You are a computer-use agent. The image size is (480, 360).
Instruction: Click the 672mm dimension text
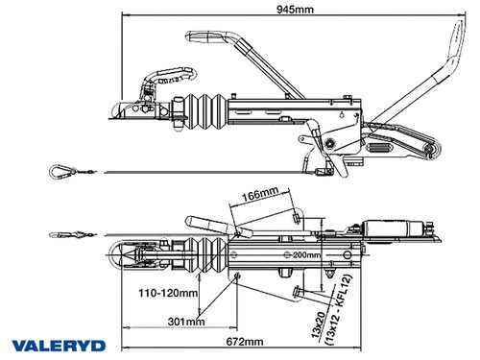tap(246, 341)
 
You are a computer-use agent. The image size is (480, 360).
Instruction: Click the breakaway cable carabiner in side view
tap(60, 171)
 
